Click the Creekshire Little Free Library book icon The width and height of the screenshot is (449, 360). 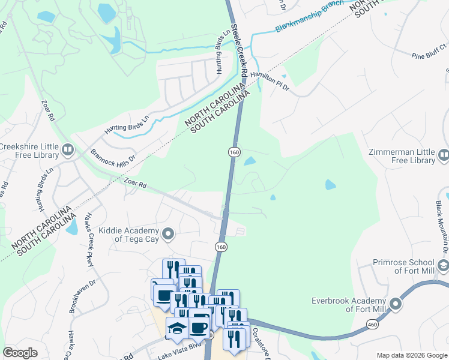[x=67, y=149]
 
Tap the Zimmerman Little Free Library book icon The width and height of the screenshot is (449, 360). [x=444, y=155]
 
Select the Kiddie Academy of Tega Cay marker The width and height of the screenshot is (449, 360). [x=169, y=233]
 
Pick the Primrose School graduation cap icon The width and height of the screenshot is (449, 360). [x=444, y=266]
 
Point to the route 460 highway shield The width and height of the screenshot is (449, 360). [x=372, y=324]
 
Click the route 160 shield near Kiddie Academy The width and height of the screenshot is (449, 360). [x=221, y=247]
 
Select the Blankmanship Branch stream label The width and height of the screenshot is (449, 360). [x=309, y=16]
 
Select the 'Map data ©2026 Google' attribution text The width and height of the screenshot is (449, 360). [x=411, y=355]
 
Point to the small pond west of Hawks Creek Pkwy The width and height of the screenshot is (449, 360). [x=72, y=226]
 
